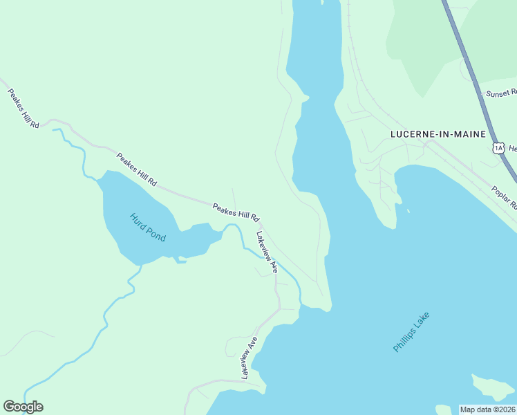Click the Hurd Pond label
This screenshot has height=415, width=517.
point(148,227)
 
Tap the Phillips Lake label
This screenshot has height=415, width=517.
point(411,332)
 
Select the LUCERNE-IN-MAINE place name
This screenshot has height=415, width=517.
point(438,134)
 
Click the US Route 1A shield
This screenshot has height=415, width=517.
point(498,147)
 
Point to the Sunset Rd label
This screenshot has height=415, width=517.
point(500,93)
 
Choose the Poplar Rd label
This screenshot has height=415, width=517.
point(502,197)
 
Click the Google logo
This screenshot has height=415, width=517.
point(23,407)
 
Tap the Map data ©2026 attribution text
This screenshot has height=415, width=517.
point(487,409)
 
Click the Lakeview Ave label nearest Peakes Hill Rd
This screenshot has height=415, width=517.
point(267,250)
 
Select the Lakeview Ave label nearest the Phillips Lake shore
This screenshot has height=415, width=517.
point(249,357)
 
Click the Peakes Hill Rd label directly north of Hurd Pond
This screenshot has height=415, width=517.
point(136,170)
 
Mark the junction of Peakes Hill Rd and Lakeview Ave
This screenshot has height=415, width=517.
point(258,224)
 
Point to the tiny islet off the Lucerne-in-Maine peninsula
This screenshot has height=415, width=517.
point(408,212)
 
